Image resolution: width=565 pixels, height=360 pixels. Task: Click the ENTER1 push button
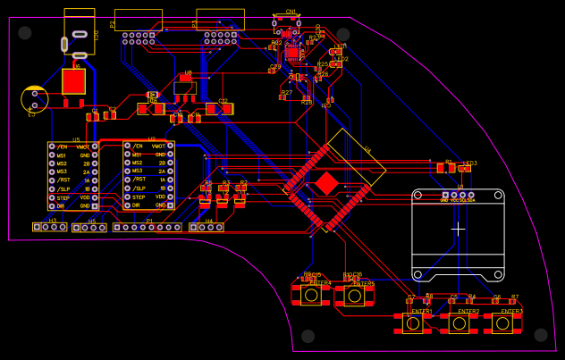[412, 323]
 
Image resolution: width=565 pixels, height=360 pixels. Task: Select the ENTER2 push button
[459, 323]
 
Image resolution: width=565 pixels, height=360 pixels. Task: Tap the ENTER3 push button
[502, 323]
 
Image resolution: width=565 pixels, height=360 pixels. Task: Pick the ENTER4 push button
[310, 295]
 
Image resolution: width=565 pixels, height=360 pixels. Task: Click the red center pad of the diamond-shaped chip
[327, 183]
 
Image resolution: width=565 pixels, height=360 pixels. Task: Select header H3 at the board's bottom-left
[50, 227]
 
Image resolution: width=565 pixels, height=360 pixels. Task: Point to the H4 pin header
[207, 228]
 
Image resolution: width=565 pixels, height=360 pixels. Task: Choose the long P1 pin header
[148, 228]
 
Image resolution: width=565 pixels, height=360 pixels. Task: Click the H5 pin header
[89, 228]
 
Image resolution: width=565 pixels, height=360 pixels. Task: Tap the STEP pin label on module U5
[63, 197]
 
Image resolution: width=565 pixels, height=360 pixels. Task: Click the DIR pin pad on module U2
[128, 205]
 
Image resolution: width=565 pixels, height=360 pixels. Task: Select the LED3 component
[464, 169]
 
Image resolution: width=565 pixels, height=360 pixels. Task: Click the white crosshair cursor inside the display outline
[458, 229]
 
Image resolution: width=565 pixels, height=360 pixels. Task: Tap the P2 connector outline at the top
[139, 20]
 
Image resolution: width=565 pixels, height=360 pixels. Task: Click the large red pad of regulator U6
[73, 81]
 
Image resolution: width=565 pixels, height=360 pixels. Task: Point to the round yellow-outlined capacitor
[34, 99]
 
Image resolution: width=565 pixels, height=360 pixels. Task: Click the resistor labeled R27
[283, 97]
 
